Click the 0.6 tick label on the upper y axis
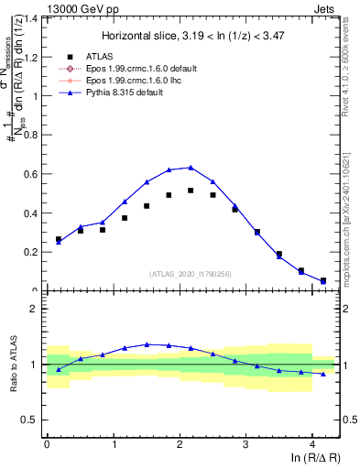click(31, 173)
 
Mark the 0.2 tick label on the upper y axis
click(31, 252)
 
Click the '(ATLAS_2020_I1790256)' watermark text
click(191, 273)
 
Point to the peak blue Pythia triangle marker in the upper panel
click(191, 167)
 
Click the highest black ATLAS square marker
click(191, 191)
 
